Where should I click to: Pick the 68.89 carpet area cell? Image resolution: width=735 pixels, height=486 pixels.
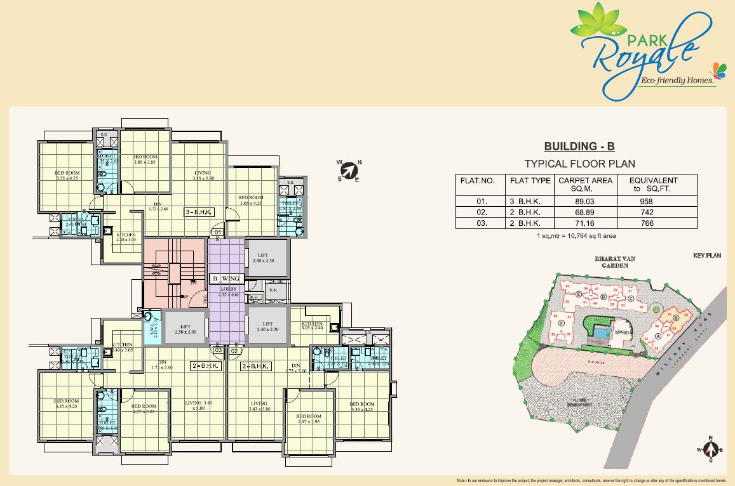(x=585, y=213)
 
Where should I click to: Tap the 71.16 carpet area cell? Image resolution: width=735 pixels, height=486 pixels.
(x=585, y=223)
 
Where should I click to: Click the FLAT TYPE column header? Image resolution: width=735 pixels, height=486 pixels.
(x=530, y=181)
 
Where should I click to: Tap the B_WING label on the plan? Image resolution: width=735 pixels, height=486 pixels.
(x=226, y=279)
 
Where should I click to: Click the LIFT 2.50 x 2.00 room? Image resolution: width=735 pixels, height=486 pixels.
(x=184, y=327)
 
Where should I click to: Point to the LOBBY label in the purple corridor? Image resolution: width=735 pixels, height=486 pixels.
(x=227, y=290)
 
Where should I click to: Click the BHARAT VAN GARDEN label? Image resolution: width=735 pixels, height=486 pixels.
(x=611, y=263)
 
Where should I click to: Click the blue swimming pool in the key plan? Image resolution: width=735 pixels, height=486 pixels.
(x=600, y=331)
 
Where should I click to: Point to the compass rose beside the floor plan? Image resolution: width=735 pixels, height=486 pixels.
(x=349, y=171)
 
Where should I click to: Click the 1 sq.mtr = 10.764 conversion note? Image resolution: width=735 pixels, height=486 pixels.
(x=576, y=236)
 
